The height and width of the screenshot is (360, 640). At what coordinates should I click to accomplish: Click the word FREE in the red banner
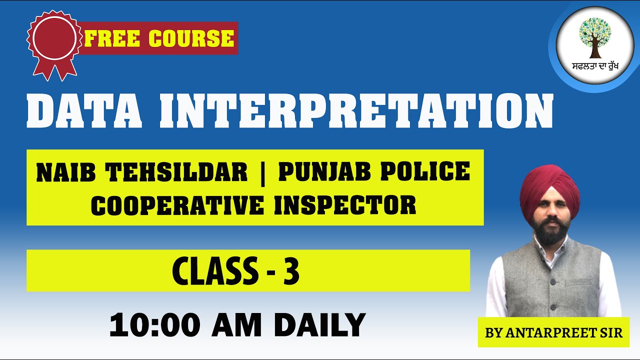[110, 38]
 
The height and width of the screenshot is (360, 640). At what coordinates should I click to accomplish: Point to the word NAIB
[63, 172]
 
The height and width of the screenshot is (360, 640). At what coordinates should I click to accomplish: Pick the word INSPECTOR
[345, 204]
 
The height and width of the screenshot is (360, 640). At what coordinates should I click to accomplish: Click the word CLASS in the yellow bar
[212, 271]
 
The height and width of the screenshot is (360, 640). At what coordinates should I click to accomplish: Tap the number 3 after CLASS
[291, 271]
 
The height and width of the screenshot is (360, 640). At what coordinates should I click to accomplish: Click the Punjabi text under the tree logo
[595, 66]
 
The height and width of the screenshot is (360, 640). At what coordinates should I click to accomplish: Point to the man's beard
[550, 234]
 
